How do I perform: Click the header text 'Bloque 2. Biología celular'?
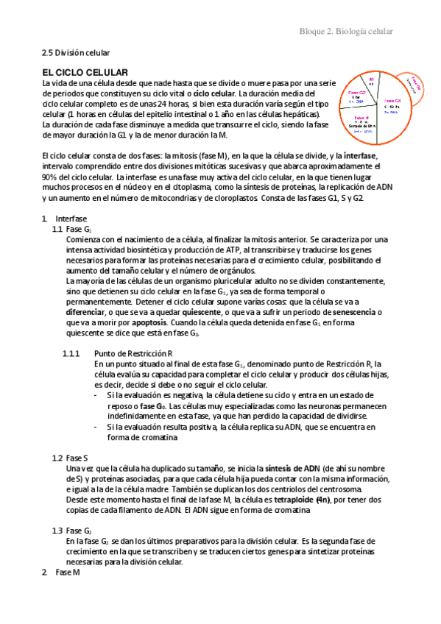pos(345,32)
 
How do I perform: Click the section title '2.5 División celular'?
pos(75,53)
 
